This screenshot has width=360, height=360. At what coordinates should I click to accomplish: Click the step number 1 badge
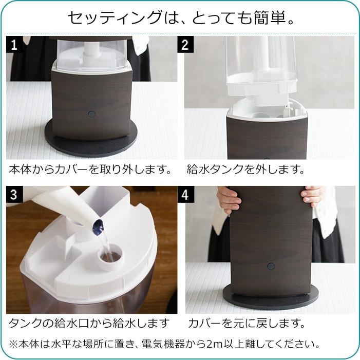click(x=13, y=45)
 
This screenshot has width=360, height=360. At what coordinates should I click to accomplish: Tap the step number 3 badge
click(x=13, y=195)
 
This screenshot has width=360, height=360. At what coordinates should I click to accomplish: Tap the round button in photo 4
click(x=270, y=267)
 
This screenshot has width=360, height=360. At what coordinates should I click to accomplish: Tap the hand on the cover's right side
click(x=312, y=196)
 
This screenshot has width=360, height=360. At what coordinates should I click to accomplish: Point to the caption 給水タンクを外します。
click(x=246, y=169)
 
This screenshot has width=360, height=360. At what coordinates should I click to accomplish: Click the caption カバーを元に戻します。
click(x=247, y=324)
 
